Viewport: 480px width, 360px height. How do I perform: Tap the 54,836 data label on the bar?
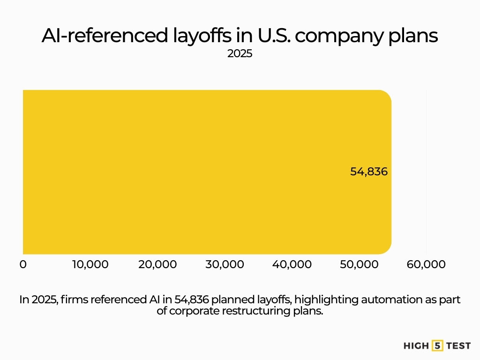[x=369, y=172]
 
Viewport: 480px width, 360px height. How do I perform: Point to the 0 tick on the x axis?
[x=23, y=264]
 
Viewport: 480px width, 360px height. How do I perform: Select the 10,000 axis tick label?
[x=90, y=264]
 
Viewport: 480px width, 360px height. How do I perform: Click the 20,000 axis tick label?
[x=157, y=264]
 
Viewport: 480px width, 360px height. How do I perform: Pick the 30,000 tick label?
[x=225, y=264]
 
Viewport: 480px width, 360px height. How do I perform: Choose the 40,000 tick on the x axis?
[x=292, y=264]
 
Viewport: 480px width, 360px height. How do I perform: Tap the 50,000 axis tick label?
[x=359, y=264]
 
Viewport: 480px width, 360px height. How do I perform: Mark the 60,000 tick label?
[x=426, y=264]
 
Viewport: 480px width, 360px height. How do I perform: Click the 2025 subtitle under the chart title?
[x=240, y=54]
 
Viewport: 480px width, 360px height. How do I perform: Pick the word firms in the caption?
[x=71, y=300]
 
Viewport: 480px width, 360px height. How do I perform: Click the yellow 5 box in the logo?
[x=438, y=346]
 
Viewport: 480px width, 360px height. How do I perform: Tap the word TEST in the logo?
[x=458, y=346]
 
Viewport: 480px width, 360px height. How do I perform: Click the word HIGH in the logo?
[x=416, y=346]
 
